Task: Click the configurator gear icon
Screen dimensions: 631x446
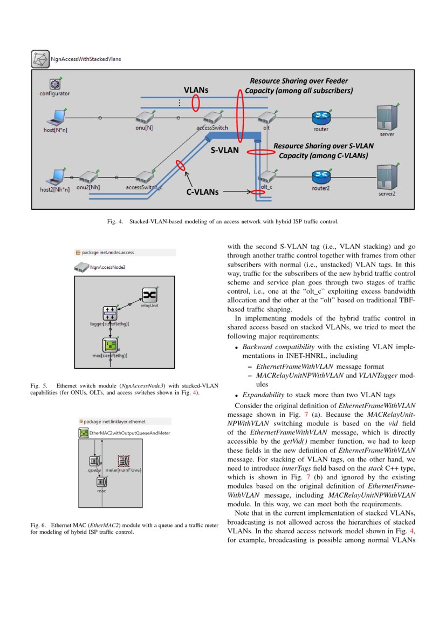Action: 54,84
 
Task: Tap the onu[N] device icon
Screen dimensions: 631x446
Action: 144,117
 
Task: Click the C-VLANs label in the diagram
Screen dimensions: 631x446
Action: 202,191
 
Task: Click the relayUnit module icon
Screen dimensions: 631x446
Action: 149,295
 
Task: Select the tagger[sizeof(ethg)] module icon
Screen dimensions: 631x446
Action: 110,313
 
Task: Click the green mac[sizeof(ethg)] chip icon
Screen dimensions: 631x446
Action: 110,344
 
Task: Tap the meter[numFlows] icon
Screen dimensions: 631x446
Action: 123,461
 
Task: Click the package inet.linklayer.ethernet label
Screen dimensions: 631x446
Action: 114,421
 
